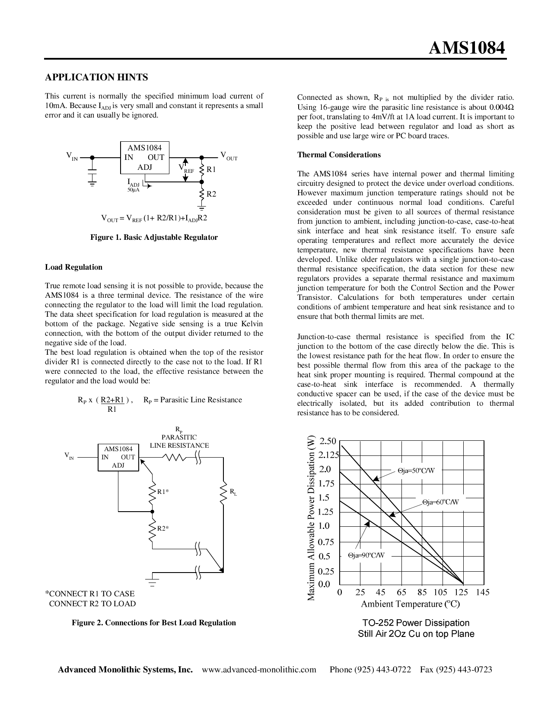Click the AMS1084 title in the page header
[x=467, y=48]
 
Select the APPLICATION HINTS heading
[x=96, y=77]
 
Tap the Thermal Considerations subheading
[x=339, y=155]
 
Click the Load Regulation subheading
[x=73, y=267]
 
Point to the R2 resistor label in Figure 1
[x=211, y=194]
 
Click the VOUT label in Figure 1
[x=229, y=156]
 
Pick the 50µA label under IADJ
[x=133, y=190]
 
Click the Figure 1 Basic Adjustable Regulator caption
[x=154, y=237]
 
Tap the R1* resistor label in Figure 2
[x=162, y=492]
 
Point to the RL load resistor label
[x=233, y=492]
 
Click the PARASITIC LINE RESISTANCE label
[x=179, y=441]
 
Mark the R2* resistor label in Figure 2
[x=162, y=528]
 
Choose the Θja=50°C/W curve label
[x=416, y=471]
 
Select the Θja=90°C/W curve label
[x=366, y=555]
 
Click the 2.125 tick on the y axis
[x=328, y=455]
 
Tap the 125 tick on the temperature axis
[x=462, y=592]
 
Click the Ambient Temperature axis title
[x=410, y=604]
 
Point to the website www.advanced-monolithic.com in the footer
[x=259, y=670]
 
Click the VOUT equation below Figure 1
[x=154, y=218]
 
